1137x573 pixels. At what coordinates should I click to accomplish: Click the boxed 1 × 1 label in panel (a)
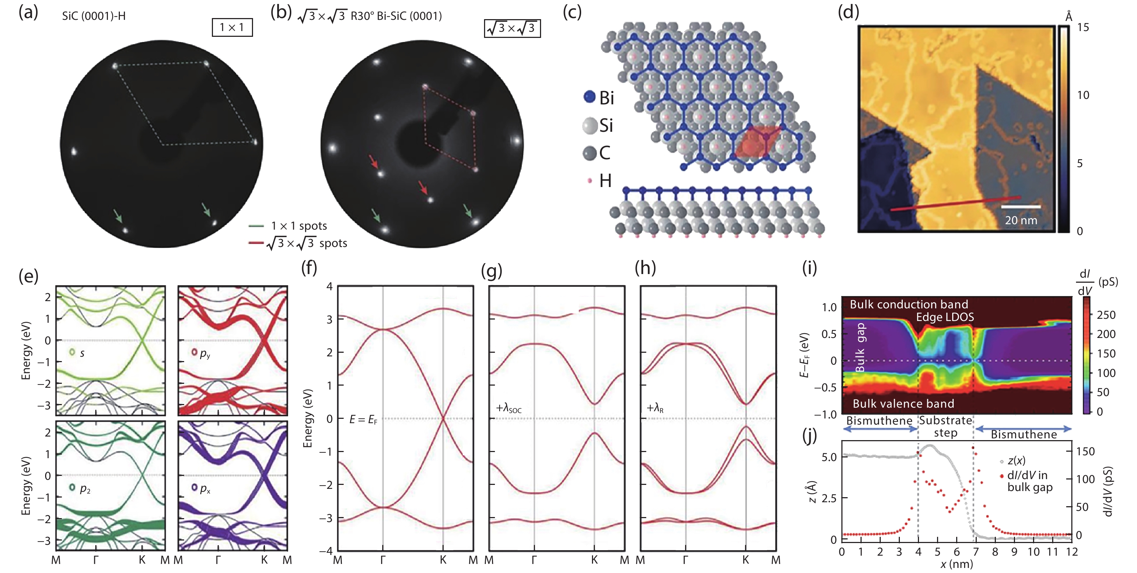tap(232, 27)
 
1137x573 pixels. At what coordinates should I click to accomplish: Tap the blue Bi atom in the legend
tap(590, 97)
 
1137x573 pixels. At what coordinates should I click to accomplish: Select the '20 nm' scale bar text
tap(1021, 220)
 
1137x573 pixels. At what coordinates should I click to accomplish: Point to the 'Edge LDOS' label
tap(945, 317)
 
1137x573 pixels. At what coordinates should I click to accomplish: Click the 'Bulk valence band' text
tap(903, 404)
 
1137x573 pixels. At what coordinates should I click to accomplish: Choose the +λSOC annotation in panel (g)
tap(509, 409)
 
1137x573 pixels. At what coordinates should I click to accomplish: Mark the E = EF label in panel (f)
tap(363, 420)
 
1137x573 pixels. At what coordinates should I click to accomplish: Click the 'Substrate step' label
tap(945, 426)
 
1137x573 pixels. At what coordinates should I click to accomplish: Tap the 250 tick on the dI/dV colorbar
tap(1106, 315)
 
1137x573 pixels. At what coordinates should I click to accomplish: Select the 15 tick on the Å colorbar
tap(1083, 27)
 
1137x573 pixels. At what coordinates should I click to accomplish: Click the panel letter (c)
tap(572, 12)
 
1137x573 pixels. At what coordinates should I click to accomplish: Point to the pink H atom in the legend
tap(590, 181)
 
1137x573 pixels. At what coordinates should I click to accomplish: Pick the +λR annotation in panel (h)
tap(655, 408)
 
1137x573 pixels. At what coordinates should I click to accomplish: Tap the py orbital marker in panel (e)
tap(194, 352)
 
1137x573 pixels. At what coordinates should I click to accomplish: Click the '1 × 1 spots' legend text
tap(299, 226)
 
